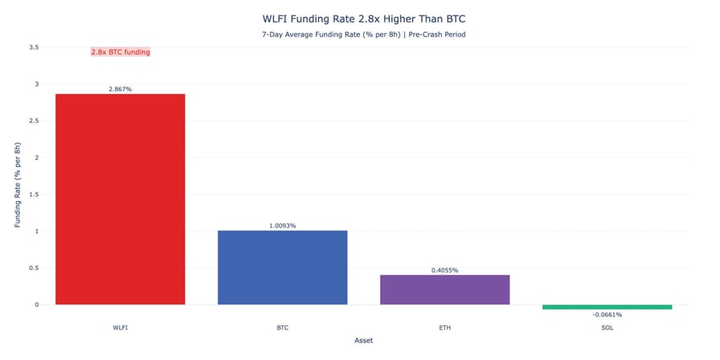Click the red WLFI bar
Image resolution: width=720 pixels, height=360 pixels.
(x=120, y=199)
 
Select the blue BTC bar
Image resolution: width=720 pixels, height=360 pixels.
(x=282, y=268)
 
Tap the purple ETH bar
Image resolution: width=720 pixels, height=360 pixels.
(x=444, y=289)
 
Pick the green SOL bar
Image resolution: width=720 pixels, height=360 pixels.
(x=607, y=307)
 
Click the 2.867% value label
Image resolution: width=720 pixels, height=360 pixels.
(x=120, y=89)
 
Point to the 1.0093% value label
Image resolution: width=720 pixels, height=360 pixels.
(x=282, y=226)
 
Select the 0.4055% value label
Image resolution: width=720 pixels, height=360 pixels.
(x=444, y=270)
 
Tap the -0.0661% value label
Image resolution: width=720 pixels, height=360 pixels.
(x=607, y=315)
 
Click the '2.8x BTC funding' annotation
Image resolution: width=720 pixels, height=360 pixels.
(x=121, y=52)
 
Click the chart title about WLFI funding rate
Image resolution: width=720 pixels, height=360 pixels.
(x=363, y=18)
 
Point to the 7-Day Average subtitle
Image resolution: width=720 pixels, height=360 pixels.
(x=363, y=35)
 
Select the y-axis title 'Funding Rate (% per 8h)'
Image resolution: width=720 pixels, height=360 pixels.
(x=18, y=185)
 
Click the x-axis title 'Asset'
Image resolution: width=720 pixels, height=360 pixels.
(x=363, y=341)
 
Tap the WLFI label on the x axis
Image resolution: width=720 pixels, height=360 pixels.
(x=120, y=328)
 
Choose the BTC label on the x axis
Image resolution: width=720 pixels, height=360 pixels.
(x=282, y=328)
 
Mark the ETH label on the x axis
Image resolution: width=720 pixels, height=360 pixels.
(x=444, y=328)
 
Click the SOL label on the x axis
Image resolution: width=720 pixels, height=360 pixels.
(x=607, y=328)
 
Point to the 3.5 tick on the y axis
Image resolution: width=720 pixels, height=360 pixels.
(x=34, y=47)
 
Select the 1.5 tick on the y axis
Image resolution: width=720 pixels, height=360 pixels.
(x=34, y=194)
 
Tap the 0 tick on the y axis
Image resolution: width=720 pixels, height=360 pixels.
(x=36, y=305)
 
